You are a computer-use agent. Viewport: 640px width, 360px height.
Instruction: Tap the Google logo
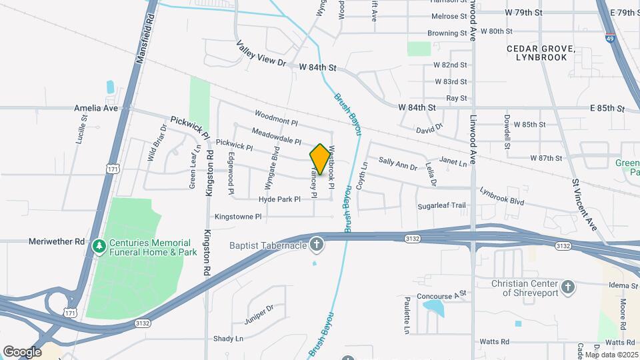(x=22, y=351)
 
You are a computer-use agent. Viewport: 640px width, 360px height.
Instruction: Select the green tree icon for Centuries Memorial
(x=99, y=247)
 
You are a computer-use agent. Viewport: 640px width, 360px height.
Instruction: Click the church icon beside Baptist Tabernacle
(x=317, y=245)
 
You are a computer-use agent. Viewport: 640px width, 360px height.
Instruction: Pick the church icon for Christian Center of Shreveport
(x=567, y=287)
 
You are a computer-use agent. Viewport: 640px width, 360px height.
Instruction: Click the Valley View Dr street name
(x=261, y=54)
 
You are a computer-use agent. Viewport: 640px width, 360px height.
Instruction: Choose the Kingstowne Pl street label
(x=238, y=217)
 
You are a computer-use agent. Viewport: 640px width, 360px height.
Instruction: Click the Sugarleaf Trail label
(x=441, y=206)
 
